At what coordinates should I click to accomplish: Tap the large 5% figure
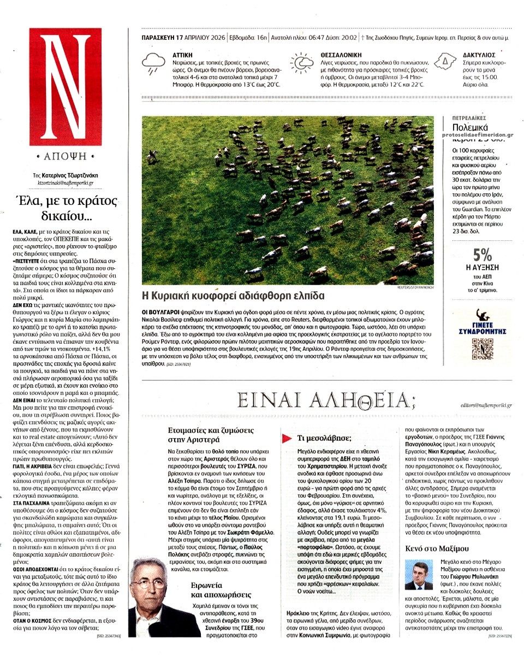[x=483, y=255]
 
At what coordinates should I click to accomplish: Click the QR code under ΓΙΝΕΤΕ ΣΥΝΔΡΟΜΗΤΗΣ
[x=483, y=348]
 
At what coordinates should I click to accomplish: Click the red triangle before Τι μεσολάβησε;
[x=286, y=438]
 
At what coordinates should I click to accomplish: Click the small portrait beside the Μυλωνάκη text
[x=419, y=575]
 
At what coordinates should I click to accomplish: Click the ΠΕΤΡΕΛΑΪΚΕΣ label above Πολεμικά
[x=469, y=118]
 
